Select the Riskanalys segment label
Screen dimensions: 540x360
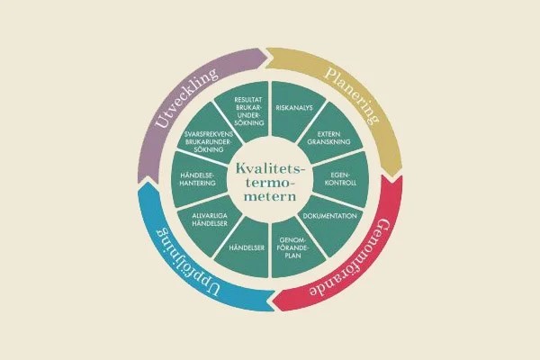[294, 108]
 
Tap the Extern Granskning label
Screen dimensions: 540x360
[328, 138]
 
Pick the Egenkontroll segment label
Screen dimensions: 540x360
[340, 179]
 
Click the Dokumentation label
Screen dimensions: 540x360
[329, 216]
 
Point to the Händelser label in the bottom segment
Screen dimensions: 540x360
[247, 247]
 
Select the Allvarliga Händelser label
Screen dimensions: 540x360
[210, 220]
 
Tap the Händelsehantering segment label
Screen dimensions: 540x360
[197, 179]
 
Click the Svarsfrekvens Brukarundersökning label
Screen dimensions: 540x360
[209, 142]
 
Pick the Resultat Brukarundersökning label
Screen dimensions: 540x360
[248, 111]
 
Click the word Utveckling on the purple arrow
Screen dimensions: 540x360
[186, 97]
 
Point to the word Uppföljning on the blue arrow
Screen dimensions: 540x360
[187, 263]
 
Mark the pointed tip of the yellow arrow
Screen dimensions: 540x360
[393, 178]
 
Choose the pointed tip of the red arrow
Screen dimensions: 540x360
[272, 302]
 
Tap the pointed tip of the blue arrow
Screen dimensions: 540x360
[148, 182]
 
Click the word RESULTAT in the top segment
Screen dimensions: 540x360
[248, 100]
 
